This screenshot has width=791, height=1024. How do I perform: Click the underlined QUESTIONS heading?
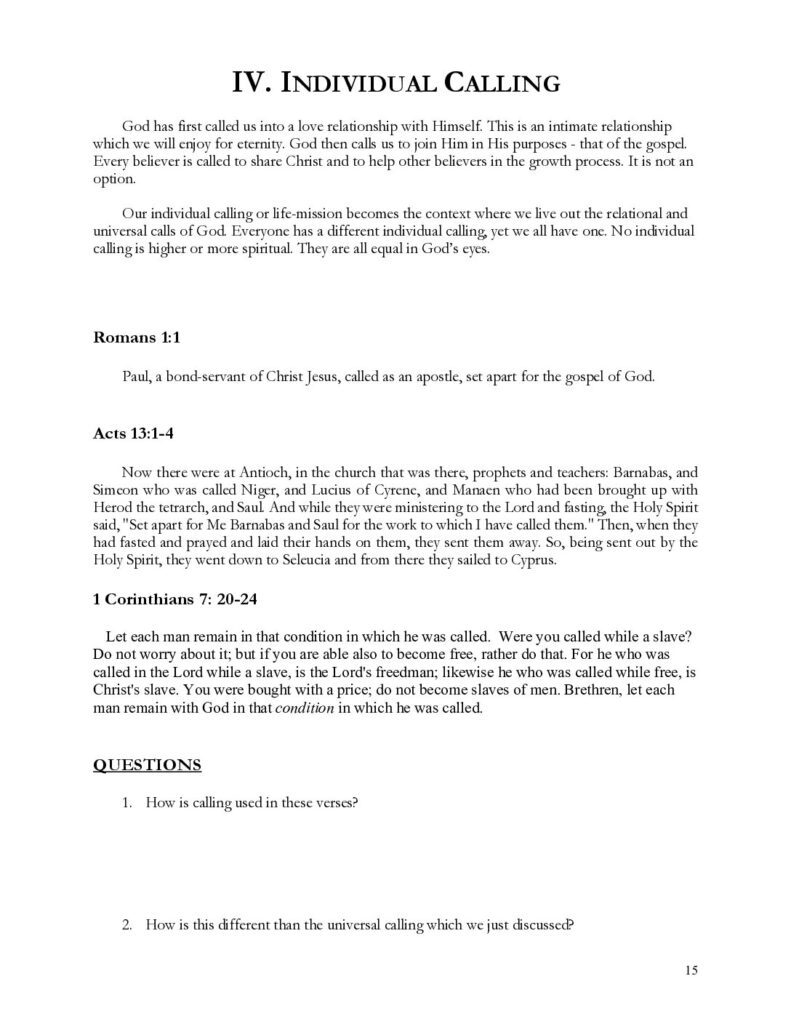(147, 766)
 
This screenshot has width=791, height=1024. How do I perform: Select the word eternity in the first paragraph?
(256, 148)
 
